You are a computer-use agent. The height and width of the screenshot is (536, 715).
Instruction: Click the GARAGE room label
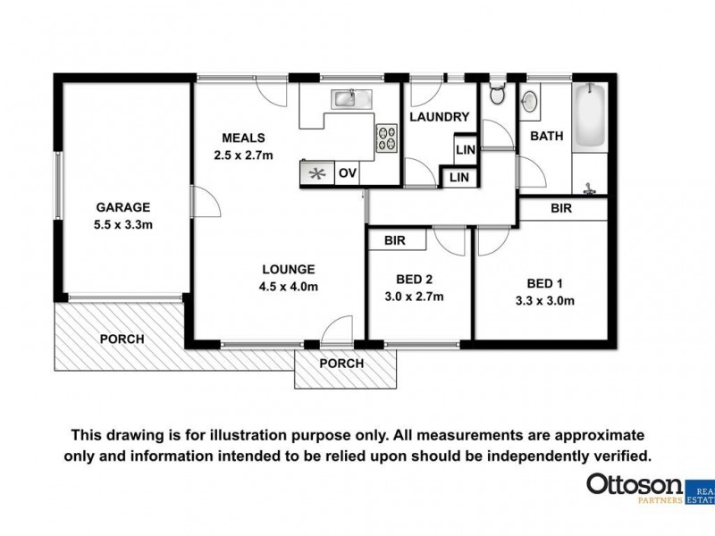pos(123,206)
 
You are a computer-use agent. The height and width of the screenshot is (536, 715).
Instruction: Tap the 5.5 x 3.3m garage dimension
pos(123,224)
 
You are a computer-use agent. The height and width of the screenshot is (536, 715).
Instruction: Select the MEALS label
pos(243,138)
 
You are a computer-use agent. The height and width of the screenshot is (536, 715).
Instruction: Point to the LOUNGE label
pos(288,269)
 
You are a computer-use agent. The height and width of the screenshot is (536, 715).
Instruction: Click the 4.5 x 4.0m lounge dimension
pos(288,287)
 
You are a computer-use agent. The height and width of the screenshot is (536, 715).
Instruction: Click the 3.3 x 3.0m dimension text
pos(544,301)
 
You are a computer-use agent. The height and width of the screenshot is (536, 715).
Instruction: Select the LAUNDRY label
pos(439,117)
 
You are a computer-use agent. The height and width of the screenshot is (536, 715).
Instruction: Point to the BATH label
pos(546,137)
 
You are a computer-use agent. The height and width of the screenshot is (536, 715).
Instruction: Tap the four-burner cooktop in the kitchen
pos(387,138)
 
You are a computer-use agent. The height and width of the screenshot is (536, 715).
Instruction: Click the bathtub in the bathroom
pos(591,118)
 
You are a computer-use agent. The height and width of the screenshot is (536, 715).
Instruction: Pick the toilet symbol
pos(498,93)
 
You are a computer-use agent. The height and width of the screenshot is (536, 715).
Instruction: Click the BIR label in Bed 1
pos(562,208)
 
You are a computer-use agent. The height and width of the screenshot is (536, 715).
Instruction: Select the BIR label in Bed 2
pos(395,241)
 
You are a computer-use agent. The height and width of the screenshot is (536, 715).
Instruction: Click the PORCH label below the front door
pos(342,364)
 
